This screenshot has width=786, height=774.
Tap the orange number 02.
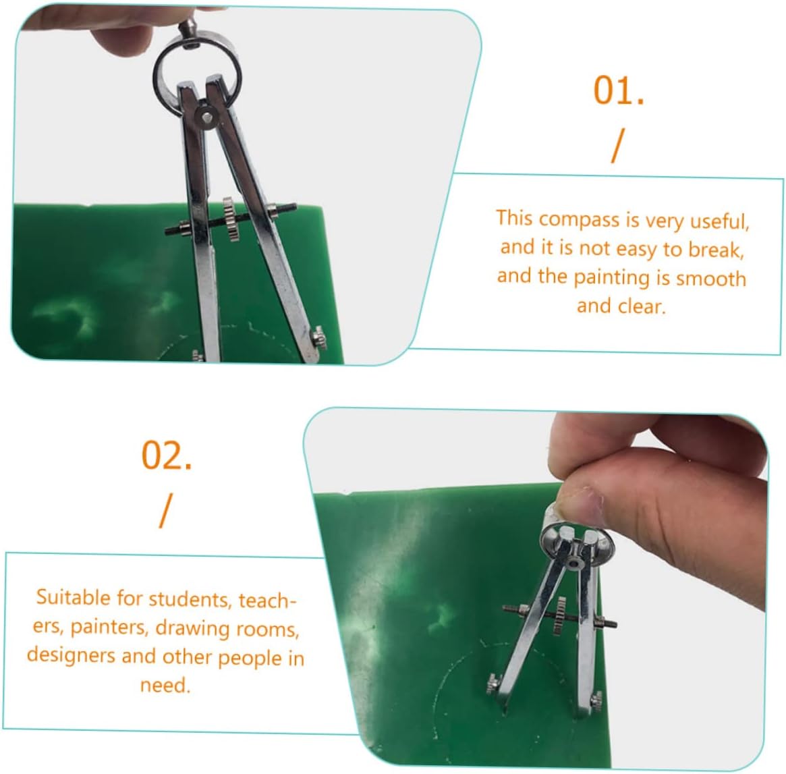(167, 455)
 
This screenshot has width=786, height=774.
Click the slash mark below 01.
(618, 145)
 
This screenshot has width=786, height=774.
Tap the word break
(716, 249)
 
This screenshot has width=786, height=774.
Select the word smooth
(711, 278)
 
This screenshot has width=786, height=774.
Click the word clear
(641, 306)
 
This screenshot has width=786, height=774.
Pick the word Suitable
(73, 598)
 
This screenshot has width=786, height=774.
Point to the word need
(165, 685)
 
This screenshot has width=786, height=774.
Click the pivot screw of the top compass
(207, 118)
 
